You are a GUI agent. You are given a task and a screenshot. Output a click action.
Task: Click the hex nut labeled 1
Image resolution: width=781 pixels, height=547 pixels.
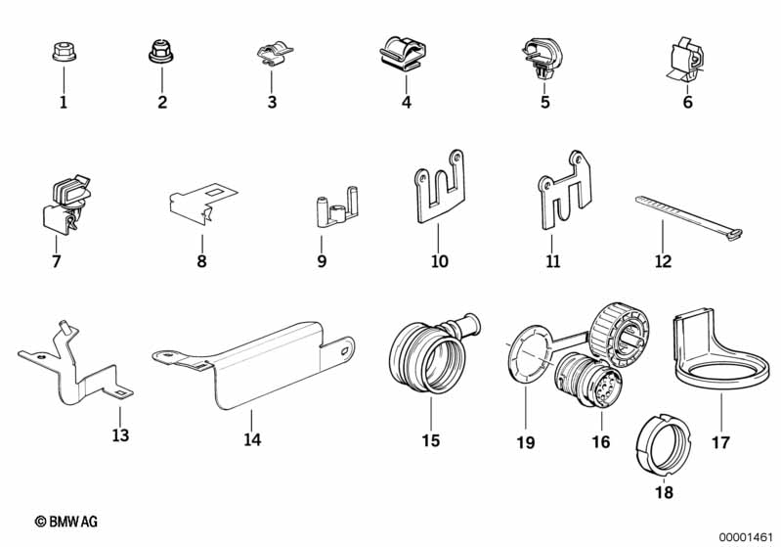(64, 53)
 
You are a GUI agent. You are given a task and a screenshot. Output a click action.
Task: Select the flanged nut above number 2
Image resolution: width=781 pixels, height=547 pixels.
(161, 52)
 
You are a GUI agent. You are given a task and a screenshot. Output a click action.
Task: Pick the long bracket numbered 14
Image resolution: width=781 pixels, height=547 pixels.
(253, 364)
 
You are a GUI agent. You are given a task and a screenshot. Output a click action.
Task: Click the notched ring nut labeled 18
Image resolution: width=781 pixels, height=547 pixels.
(664, 444)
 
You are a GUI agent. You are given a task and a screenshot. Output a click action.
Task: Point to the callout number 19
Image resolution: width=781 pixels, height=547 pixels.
(526, 441)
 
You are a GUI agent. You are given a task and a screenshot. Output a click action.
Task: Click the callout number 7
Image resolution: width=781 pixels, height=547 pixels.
(57, 261)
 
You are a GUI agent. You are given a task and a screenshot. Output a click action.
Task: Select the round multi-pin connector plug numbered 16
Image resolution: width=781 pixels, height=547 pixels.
(587, 381)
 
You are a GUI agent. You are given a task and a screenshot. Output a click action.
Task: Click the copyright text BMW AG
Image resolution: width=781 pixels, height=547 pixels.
(66, 522)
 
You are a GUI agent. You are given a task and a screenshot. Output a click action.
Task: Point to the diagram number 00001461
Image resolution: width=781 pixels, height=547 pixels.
(746, 537)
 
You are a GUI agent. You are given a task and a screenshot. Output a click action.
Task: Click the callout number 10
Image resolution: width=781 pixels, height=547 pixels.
(439, 261)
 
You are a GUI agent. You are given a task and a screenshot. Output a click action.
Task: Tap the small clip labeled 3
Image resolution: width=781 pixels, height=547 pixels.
(274, 55)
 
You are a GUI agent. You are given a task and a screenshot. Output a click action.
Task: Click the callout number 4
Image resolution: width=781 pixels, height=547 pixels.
(407, 102)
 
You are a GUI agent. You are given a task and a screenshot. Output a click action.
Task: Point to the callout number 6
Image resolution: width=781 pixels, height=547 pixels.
(688, 102)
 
